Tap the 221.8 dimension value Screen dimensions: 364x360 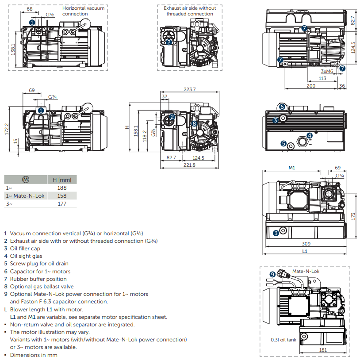[x=189, y=165]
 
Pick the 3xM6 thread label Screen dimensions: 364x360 [x=326, y=71]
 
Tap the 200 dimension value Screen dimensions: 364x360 [x=311, y=85]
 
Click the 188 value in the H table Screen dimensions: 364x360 [x=62, y=188]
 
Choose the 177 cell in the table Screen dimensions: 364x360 [x=62, y=203]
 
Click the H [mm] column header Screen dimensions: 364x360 [x=62, y=180]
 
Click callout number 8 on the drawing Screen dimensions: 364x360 [x=194, y=123]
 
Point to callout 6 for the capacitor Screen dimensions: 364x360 [x=282, y=107]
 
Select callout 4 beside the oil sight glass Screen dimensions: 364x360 [x=310, y=135]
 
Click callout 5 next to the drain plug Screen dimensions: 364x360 [x=283, y=143]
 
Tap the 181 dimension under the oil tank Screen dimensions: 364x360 [x=323, y=349]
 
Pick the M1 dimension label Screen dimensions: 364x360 [x=291, y=168]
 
